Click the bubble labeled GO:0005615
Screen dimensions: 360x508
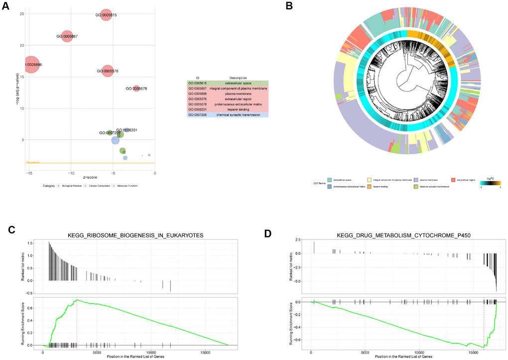click(106, 15)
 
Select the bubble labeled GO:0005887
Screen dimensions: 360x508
click(67, 36)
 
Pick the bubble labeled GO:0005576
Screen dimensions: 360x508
click(107, 71)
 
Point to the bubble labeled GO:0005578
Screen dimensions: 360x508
click(136, 88)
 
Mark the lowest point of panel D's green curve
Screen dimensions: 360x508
click(484, 347)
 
